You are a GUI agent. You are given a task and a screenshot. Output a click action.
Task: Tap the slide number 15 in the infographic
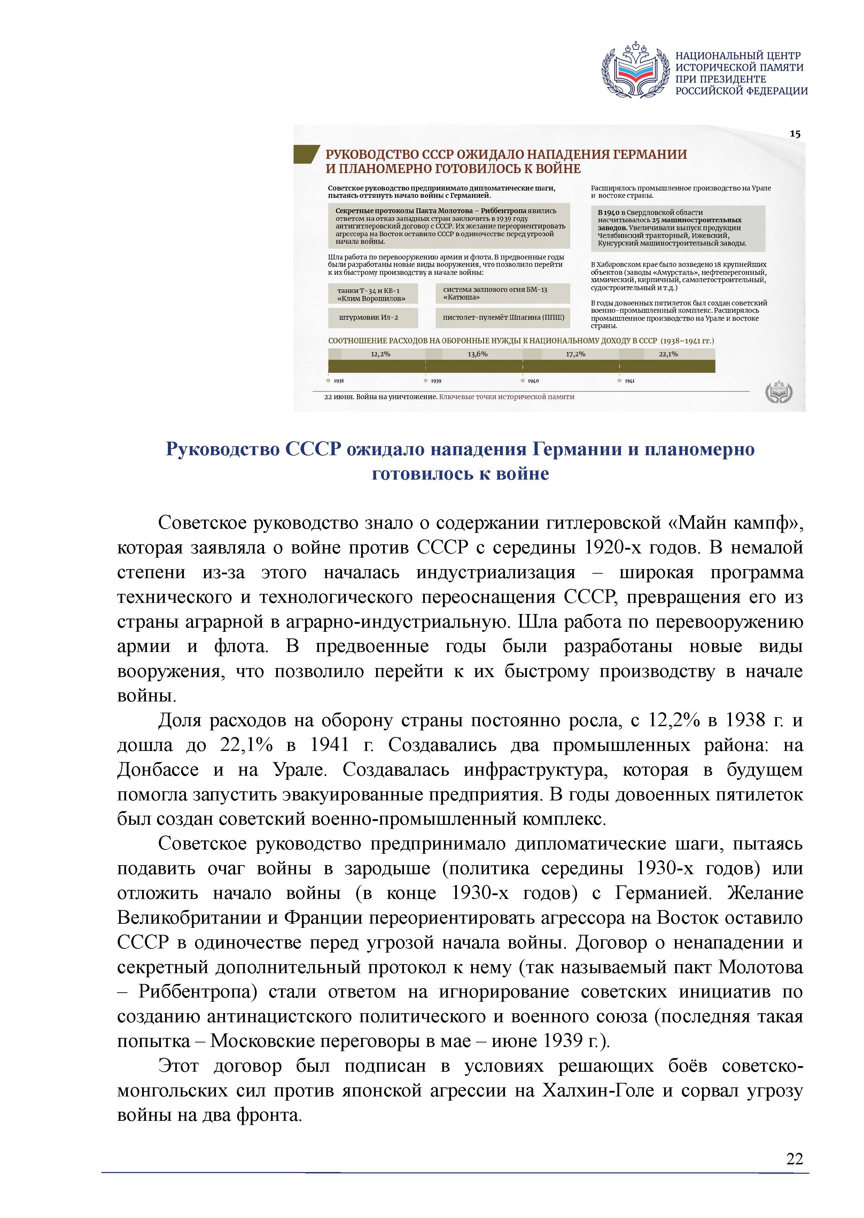pos(795,134)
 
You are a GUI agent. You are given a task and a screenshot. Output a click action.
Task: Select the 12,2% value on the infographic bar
pos(380,354)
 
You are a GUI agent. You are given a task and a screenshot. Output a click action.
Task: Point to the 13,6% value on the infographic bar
pos(477,354)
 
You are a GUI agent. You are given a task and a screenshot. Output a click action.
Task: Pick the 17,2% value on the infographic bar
pos(576,354)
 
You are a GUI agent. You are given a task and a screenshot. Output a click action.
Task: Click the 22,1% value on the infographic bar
pos(668,354)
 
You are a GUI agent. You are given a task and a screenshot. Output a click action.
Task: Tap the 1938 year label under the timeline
pos(339,381)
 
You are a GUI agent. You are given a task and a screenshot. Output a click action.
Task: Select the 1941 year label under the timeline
pos(629,381)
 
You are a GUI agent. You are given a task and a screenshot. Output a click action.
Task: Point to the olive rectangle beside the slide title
pos(306,154)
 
